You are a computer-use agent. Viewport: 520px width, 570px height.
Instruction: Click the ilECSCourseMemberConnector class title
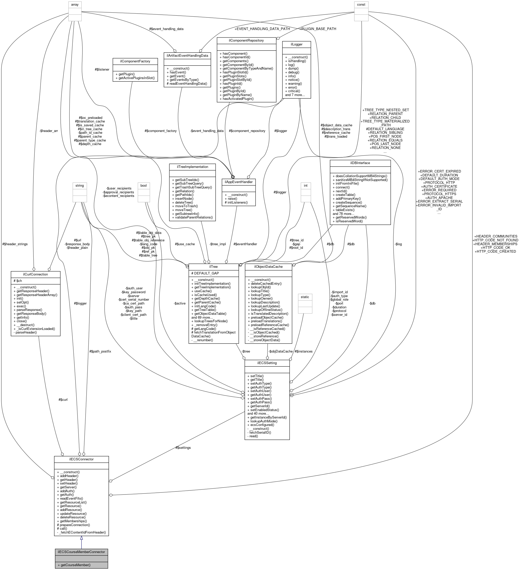coord(81,552)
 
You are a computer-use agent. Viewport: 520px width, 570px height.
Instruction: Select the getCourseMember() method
coord(74,565)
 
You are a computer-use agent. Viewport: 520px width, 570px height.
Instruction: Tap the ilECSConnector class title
coord(81,459)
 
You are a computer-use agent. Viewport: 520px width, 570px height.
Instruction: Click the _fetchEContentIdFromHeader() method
coord(81,533)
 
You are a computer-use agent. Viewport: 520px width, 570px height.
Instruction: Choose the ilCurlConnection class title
coord(35,274)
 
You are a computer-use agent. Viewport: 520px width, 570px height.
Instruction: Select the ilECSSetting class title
coord(267,363)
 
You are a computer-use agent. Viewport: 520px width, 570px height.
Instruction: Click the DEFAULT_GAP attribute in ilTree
coord(205,273)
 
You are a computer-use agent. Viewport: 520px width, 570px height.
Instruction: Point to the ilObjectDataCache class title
coord(268,267)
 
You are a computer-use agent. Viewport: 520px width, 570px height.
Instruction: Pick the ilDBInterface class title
coord(360,163)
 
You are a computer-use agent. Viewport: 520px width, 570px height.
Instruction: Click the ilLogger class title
coord(296,44)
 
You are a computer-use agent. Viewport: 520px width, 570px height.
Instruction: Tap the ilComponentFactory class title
coord(135,61)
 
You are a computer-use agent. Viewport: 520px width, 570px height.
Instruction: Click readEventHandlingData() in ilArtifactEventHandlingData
coord(187,83)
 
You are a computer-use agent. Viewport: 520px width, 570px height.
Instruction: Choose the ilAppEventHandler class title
coord(238,182)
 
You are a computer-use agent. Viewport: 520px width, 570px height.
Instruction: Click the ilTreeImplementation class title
coord(192,167)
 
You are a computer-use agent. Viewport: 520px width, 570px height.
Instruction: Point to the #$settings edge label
coord(183,448)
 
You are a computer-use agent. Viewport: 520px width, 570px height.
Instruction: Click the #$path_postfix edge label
coord(100,351)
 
